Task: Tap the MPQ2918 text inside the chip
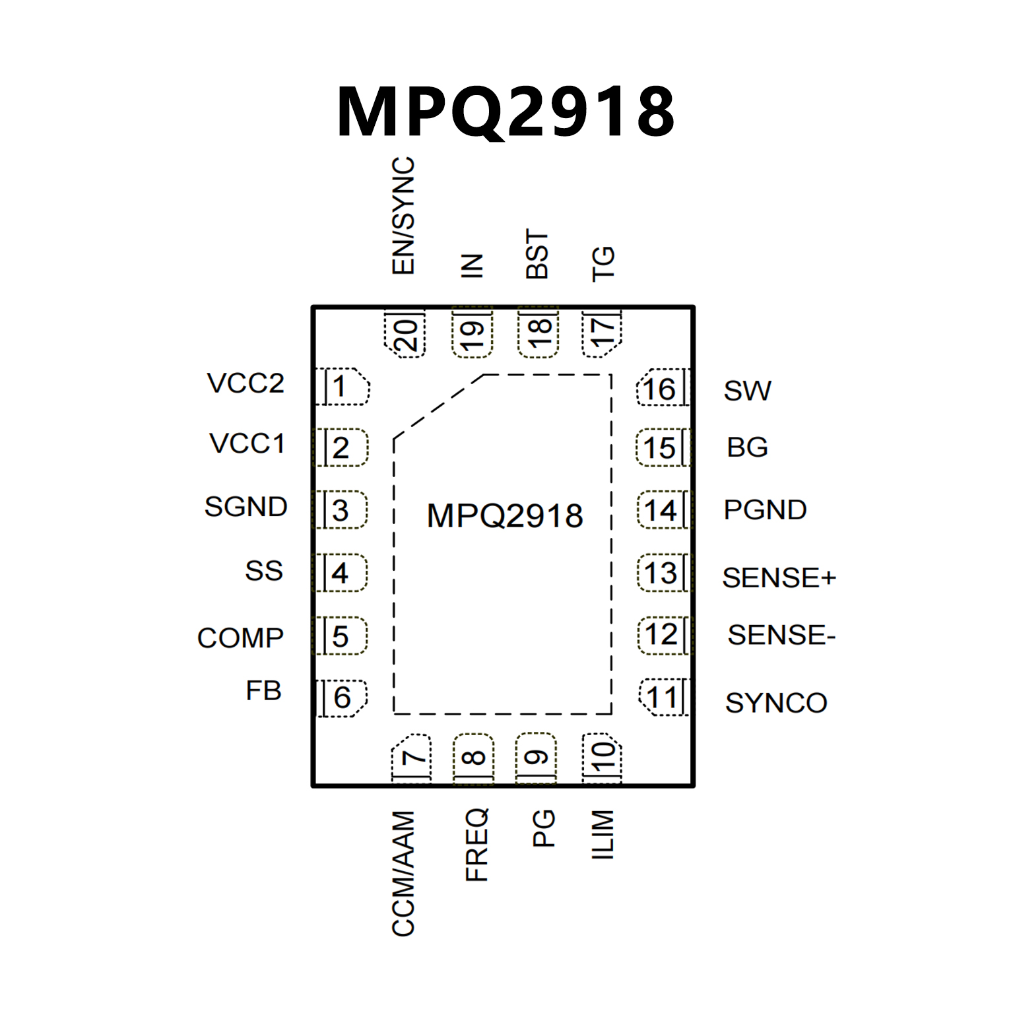[505, 515]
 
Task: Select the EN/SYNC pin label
[403, 216]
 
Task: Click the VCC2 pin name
[245, 383]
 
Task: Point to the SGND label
[245, 507]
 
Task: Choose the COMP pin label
[240, 637]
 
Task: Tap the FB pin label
[263, 691]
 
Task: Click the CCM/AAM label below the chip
[403, 873]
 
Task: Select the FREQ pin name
[476, 845]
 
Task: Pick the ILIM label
[603, 835]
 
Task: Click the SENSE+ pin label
[779, 577]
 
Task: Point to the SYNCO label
[776, 703]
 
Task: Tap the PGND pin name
[765, 509]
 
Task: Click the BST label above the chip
[537, 254]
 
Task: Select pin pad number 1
[341, 387]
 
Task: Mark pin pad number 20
[405, 334]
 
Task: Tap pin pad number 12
[662, 635]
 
